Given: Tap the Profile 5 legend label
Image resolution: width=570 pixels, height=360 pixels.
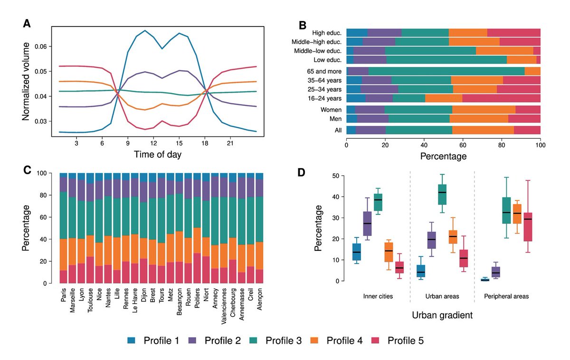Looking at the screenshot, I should click(405, 341).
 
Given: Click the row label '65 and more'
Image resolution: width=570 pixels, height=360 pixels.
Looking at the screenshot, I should click(326, 71).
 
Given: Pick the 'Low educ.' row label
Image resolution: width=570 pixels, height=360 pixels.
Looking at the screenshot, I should click(329, 60).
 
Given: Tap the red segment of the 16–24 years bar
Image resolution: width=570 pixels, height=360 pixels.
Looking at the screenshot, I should click(501, 98).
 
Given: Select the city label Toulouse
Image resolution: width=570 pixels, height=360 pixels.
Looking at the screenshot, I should click(90, 304).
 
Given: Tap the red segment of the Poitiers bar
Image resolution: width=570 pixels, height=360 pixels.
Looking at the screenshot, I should click(197, 268).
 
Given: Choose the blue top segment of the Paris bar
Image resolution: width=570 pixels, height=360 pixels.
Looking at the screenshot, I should click(64, 175).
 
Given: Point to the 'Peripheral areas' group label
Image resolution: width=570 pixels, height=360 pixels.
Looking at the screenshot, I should click(506, 296).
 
